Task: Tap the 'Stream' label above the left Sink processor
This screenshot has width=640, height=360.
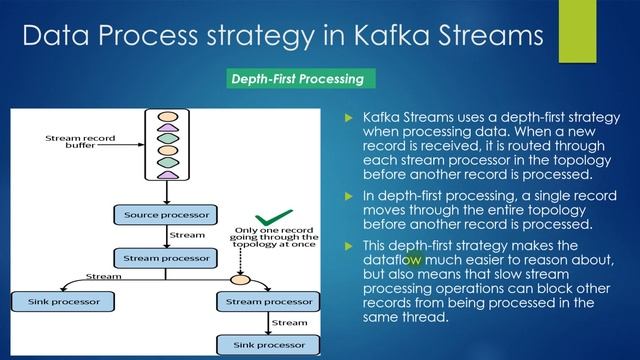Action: coord(101,276)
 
